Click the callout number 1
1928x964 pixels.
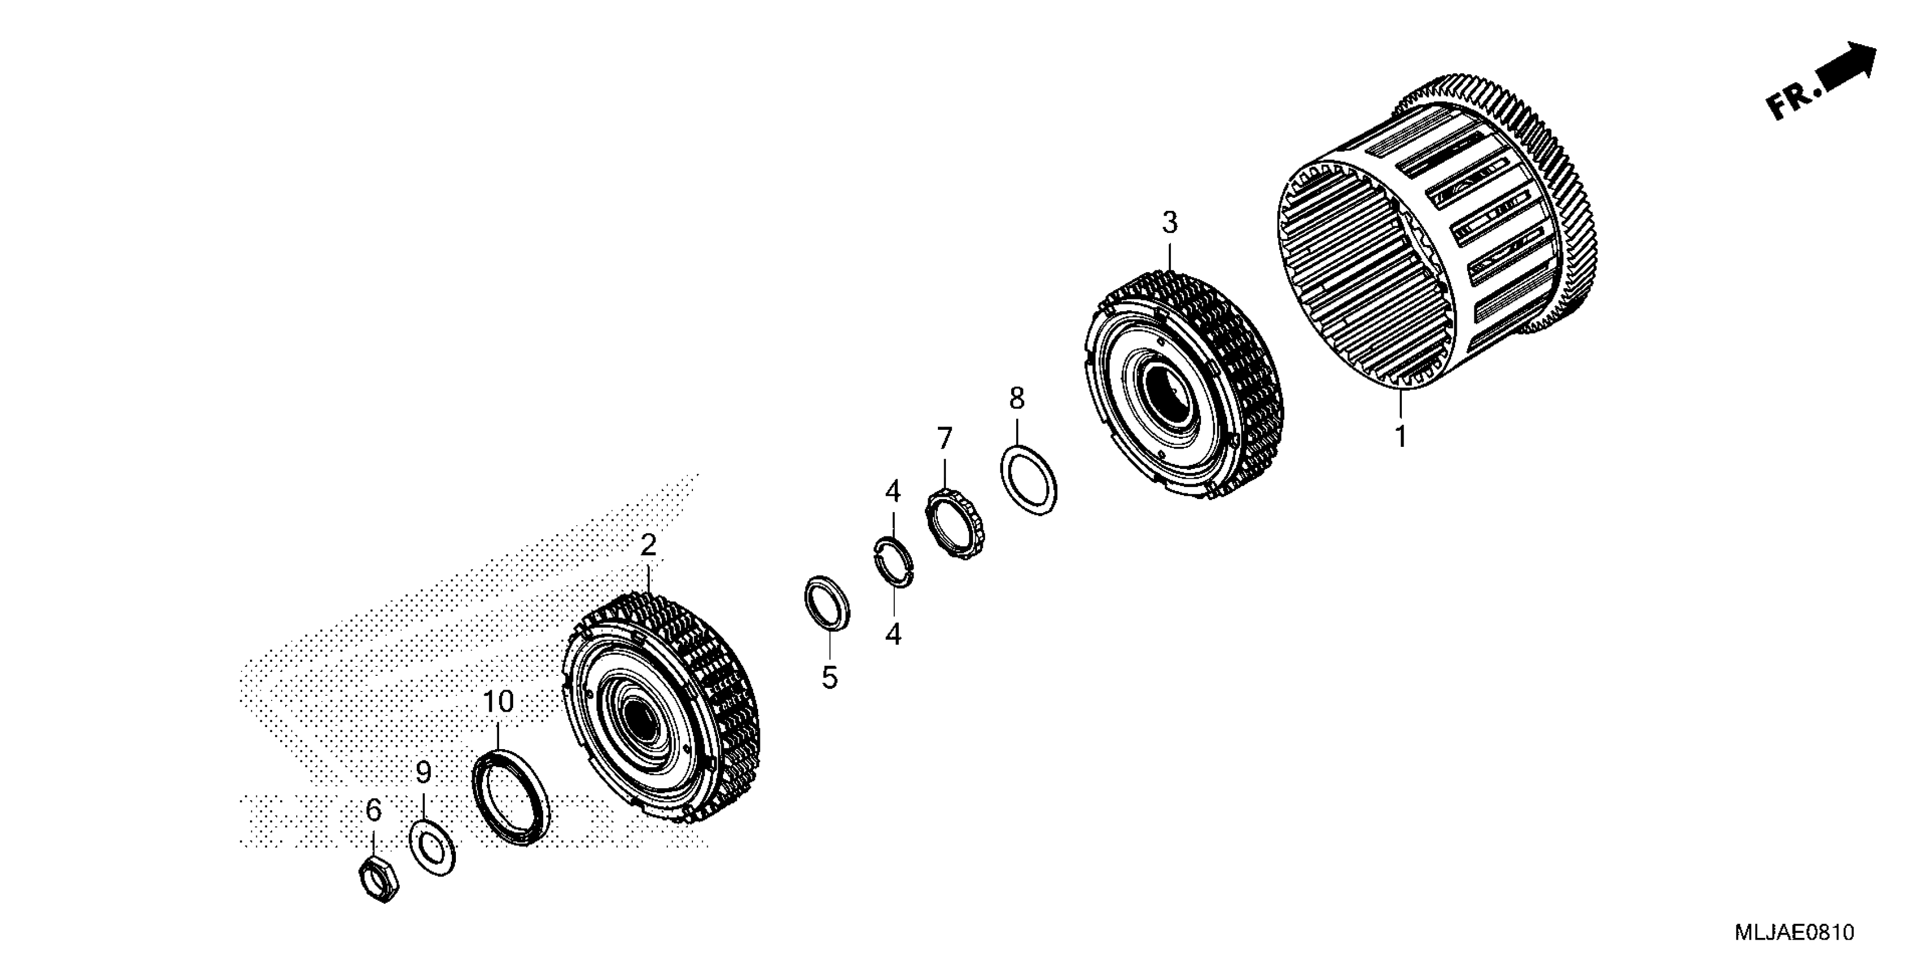tap(1400, 436)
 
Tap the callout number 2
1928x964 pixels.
tap(648, 545)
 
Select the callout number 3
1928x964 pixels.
tap(1169, 222)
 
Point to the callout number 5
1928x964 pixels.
tap(829, 677)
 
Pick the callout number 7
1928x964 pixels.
tap(945, 438)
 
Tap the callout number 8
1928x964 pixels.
tap(1016, 399)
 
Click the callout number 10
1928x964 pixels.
tap(498, 702)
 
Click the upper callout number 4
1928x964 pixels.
tap(893, 492)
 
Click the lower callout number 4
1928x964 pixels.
tap(893, 635)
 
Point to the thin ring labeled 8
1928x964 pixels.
tap(1029, 480)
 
